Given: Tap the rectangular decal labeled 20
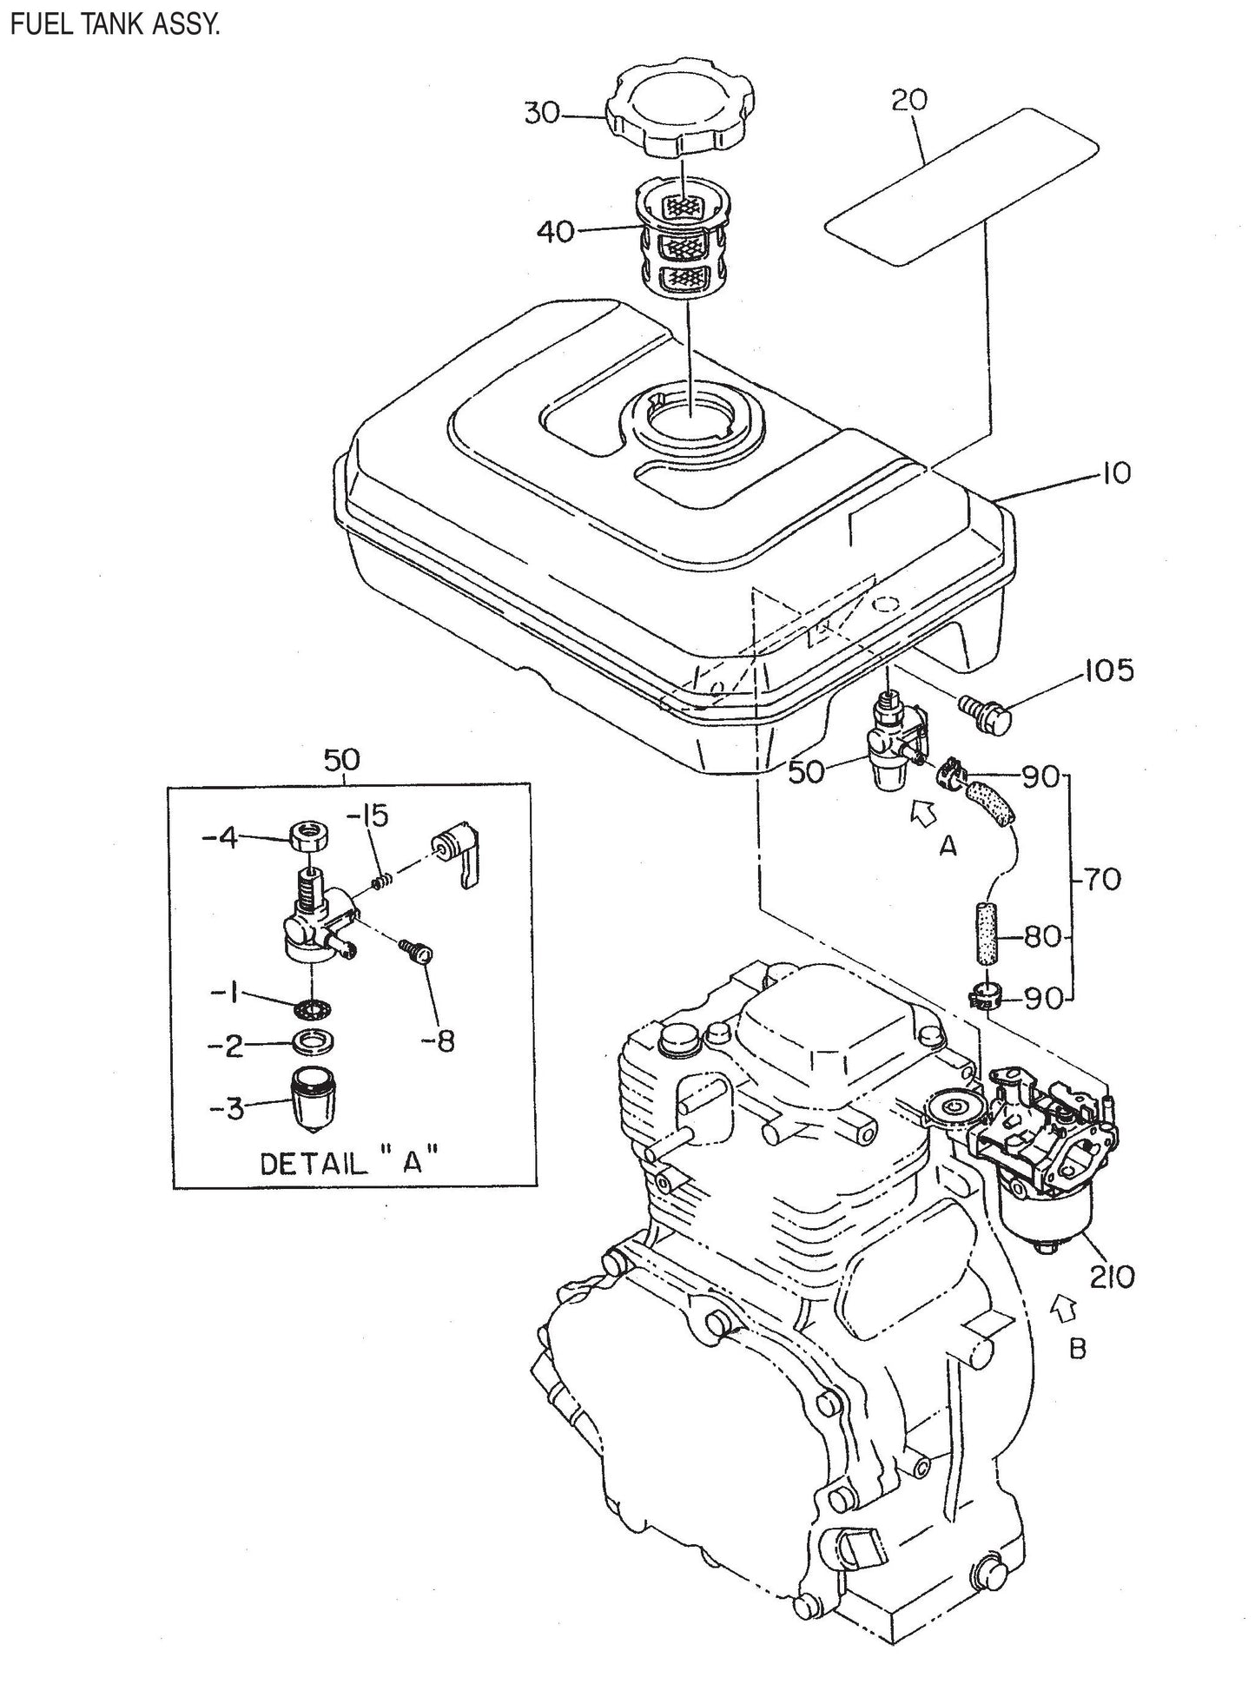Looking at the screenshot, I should tap(961, 187).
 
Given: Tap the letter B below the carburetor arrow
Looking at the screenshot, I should tap(1078, 1348).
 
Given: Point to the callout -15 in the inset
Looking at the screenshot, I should tap(369, 816).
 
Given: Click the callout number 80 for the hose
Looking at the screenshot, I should tap(1042, 937).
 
